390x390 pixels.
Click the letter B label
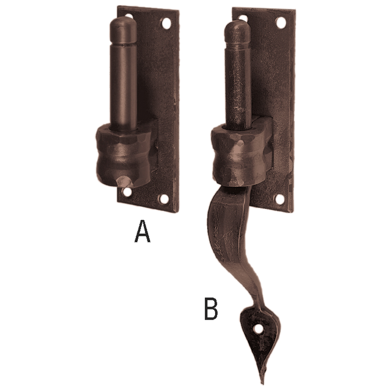tap(211, 309)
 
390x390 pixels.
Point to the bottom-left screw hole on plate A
tap(128, 192)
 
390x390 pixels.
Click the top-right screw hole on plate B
tap(281, 22)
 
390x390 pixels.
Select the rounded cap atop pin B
tap(237, 31)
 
